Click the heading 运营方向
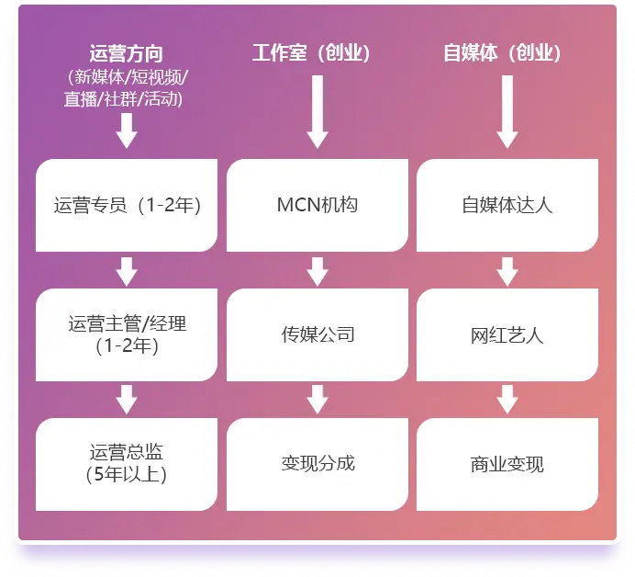click(127, 54)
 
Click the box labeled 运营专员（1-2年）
click(127, 205)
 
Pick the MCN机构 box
click(317, 205)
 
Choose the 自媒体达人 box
click(507, 205)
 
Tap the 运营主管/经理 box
click(127, 334)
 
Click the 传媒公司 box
click(317, 334)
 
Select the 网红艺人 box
click(507, 334)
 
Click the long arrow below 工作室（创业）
click(317, 110)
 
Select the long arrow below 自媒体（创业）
click(507, 110)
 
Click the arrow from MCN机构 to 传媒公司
click(317, 270)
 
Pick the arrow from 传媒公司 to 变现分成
click(317, 399)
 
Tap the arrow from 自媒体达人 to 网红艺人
click(507, 270)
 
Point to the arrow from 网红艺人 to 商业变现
click(507, 399)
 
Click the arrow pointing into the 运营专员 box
click(127, 131)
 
